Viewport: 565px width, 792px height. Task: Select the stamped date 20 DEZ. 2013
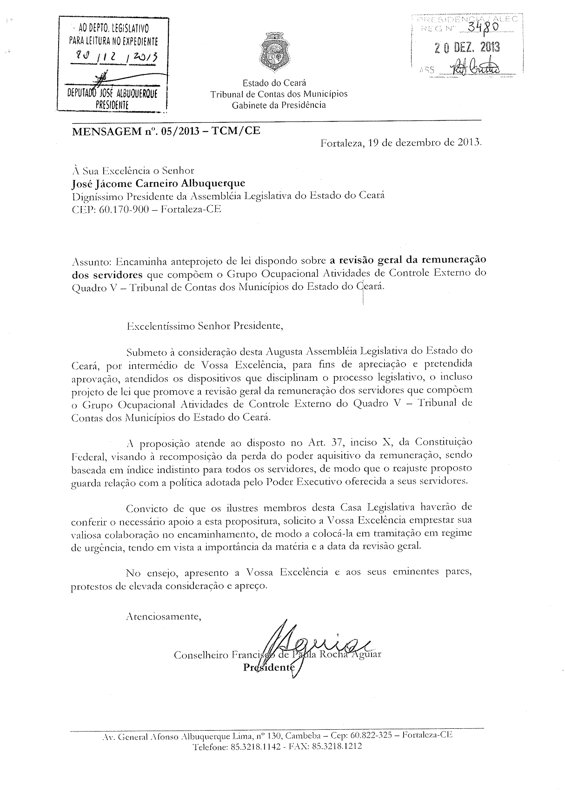coord(467,47)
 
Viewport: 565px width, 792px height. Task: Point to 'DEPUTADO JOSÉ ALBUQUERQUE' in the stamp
coord(113,93)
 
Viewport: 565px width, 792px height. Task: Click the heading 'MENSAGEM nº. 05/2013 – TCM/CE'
coord(166,131)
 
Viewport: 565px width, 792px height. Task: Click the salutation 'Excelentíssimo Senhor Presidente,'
coord(205,325)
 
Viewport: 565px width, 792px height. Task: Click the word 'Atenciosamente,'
coord(163,617)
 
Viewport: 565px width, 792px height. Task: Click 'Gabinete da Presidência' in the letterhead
coord(279,105)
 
